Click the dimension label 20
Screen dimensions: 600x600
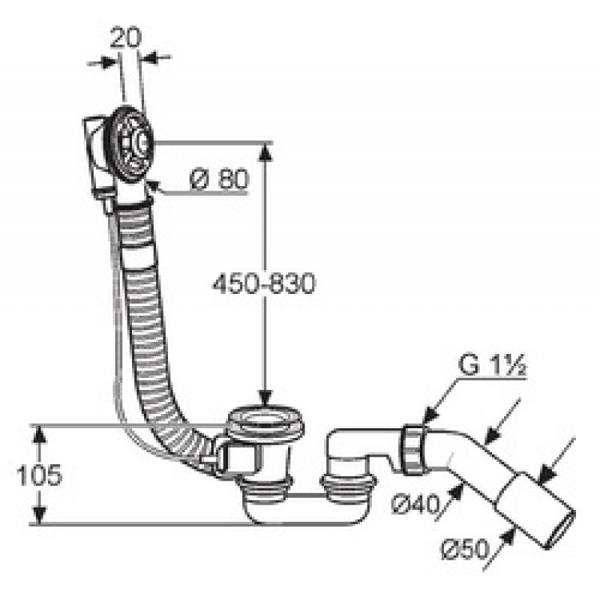125,38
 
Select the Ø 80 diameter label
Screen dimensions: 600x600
219,179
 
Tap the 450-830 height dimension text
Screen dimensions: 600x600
264,284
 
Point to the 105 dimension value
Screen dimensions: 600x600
39,475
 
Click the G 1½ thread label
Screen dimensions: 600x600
493,365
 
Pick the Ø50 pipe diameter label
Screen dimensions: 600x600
465,550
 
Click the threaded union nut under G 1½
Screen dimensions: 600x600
415,449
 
